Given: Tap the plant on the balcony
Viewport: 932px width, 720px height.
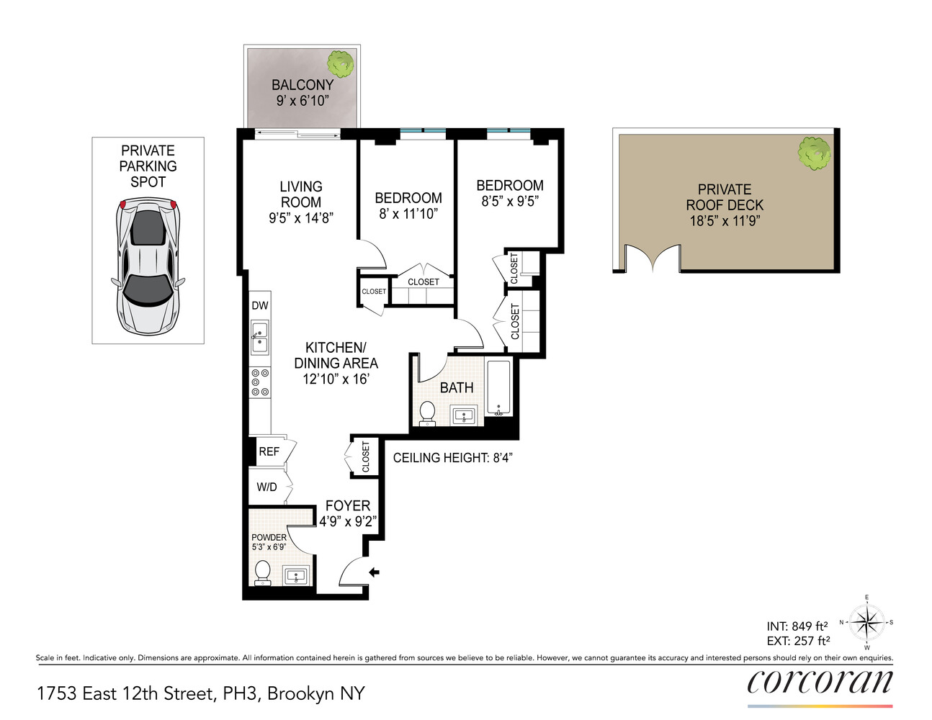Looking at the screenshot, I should click(340, 64).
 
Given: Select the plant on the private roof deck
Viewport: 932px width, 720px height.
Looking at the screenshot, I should click(814, 153).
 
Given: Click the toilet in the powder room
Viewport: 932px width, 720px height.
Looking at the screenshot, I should click(263, 572).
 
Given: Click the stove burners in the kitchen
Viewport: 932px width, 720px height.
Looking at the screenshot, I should click(259, 382).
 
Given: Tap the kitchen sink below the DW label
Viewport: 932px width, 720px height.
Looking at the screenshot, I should click(259, 338).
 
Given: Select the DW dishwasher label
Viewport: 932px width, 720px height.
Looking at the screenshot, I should click(260, 305).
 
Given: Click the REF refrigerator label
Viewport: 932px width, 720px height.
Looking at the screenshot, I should click(269, 451).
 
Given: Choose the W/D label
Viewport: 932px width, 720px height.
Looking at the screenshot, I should click(266, 487).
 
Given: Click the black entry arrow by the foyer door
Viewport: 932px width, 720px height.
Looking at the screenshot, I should click(374, 572).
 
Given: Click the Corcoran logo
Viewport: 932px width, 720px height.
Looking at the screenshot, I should click(820, 682).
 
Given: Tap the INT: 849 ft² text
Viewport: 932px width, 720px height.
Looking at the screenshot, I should click(797, 626).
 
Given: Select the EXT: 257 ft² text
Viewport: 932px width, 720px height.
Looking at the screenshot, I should click(798, 641).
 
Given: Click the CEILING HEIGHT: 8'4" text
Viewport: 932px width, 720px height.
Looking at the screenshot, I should click(452, 458).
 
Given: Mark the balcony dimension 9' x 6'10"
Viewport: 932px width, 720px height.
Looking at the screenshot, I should click(303, 101).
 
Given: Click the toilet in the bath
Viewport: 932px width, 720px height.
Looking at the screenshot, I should click(427, 413).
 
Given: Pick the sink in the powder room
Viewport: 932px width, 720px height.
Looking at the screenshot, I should click(296, 576).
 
